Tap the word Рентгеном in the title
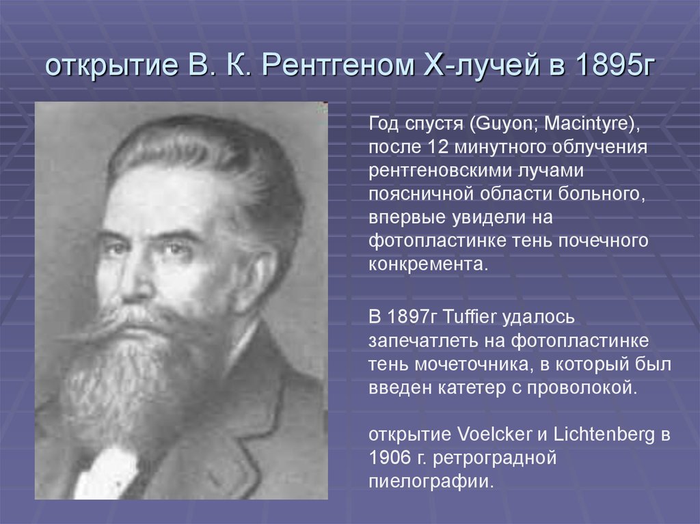click(x=332, y=68)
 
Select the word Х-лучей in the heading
click(x=474, y=68)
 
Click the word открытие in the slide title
click(x=109, y=68)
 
